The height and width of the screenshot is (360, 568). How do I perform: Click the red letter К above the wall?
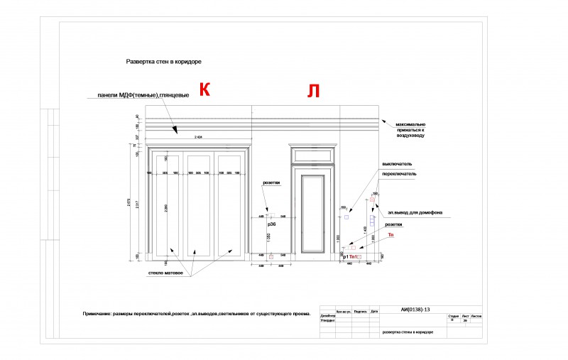click(x=204, y=89)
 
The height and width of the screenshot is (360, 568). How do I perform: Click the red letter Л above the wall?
click(x=313, y=90)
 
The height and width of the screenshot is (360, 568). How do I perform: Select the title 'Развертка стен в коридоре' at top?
click(x=164, y=62)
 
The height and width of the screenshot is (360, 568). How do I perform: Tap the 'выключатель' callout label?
click(x=397, y=163)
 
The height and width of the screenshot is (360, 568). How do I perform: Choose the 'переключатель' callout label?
click(x=399, y=173)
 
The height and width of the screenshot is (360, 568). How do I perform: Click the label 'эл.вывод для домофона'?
click(x=415, y=212)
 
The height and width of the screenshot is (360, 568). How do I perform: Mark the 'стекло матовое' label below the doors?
click(x=165, y=273)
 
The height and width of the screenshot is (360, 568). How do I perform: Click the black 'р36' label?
click(x=271, y=224)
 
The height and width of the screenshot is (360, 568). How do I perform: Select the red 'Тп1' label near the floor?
click(x=354, y=257)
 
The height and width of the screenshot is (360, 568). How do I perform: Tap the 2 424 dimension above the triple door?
click(x=199, y=137)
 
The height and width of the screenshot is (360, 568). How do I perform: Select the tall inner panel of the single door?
click(x=313, y=213)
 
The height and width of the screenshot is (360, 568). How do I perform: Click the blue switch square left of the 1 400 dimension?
click(x=346, y=217)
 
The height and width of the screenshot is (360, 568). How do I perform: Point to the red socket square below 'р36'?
click(x=271, y=256)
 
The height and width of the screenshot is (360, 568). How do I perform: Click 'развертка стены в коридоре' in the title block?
click(x=408, y=332)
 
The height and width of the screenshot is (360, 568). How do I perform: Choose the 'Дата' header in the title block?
click(x=374, y=310)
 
